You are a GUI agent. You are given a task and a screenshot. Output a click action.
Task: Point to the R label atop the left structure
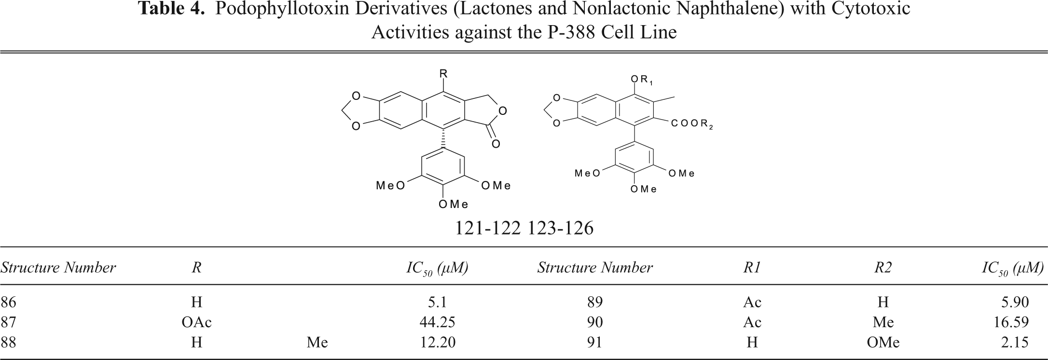pos(443,73)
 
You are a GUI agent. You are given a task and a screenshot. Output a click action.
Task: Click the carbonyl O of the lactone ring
pos(496,143)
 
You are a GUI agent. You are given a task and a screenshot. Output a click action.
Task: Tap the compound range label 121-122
pos(488,228)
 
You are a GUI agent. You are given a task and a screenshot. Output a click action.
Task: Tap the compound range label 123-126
pos(560,228)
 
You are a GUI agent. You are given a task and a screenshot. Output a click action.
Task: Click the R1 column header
pos(752,268)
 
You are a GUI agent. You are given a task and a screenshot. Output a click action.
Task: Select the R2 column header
pos(883,268)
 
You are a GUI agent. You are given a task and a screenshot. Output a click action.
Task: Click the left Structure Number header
pos(58,268)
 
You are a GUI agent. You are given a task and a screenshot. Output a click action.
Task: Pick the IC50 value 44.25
pos(438,322)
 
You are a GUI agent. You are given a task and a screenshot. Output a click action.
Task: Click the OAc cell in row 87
pos(196,322)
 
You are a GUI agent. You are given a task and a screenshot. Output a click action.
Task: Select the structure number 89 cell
pos(595,302)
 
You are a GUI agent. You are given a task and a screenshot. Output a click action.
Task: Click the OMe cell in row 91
pos(883,342)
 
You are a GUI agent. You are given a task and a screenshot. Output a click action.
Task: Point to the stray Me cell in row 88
pos(317,342)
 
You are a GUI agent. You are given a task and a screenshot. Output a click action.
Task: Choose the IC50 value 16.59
pos(1011,322)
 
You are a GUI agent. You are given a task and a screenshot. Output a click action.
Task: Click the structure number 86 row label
pos(9,302)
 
